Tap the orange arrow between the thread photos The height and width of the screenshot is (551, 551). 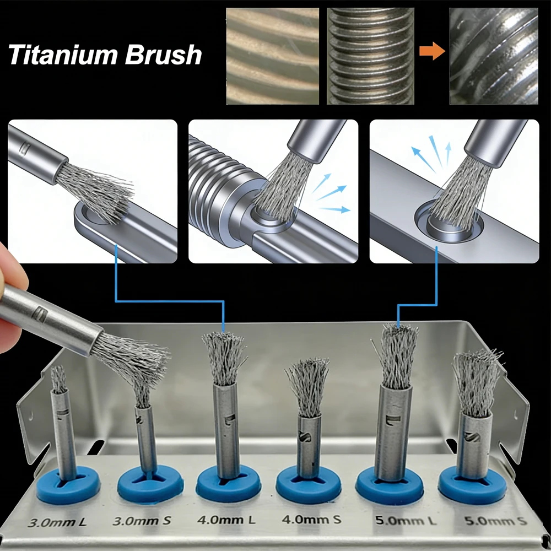click(x=431, y=53)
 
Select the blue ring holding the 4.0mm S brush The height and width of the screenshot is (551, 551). click(x=307, y=483)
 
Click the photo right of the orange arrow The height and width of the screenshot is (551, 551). click(x=494, y=56)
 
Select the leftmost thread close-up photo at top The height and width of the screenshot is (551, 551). click(x=273, y=56)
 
